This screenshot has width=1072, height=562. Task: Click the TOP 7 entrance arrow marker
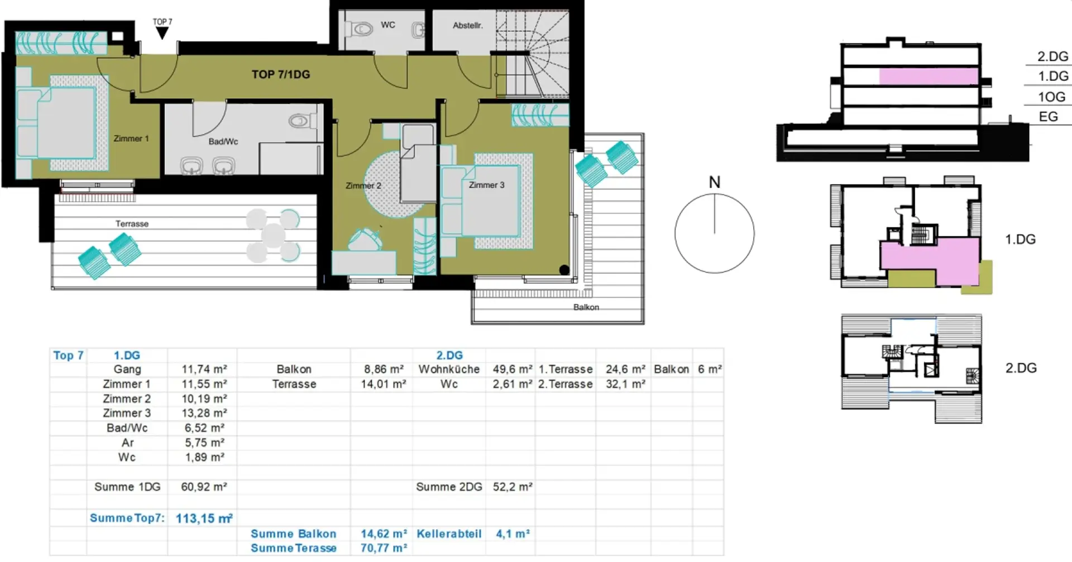click(x=162, y=33)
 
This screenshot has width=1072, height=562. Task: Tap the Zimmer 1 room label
click(x=131, y=139)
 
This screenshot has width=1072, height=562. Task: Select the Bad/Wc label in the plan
click(x=223, y=141)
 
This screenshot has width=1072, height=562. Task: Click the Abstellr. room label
click(x=468, y=25)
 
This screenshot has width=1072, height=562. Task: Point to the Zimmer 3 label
click(x=486, y=185)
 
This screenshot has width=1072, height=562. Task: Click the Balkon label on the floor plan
click(x=586, y=307)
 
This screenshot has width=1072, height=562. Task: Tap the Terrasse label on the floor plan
click(x=132, y=223)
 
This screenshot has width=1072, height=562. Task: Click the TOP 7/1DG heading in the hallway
click(x=281, y=74)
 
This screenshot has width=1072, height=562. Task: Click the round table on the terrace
click(x=273, y=235)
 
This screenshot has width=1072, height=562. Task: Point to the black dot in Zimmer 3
click(x=564, y=270)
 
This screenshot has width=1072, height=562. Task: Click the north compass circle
click(x=715, y=234)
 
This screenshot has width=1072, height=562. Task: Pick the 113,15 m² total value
click(x=204, y=518)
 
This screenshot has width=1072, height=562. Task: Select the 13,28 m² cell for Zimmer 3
click(x=204, y=413)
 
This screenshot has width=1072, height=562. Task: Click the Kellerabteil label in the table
click(x=449, y=534)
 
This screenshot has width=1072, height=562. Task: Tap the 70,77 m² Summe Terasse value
click(x=384, y=548)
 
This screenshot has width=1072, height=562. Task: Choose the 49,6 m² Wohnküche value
click(x=513, y=369)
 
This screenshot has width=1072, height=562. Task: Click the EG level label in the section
click(x=1048, y=117)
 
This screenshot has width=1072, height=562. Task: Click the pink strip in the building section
click(x=929, y=77)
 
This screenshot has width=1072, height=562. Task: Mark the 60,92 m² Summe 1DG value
click(x=204, y=487)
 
